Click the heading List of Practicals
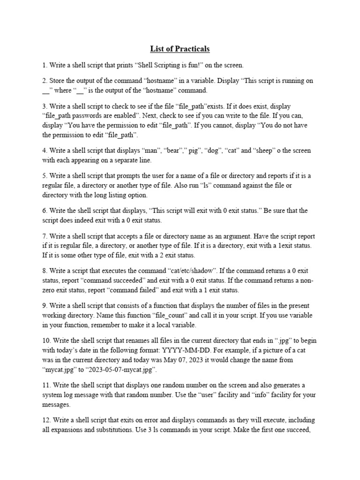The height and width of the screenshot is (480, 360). (x=180, y=49)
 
